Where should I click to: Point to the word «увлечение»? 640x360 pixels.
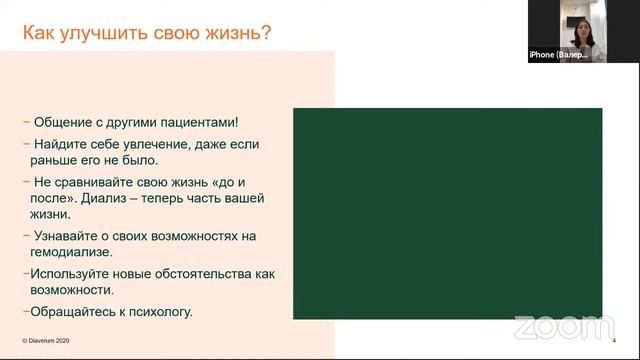(x=177, y=142)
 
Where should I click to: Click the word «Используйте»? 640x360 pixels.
(x=71, y=273)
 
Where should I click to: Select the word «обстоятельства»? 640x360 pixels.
(x=207, y=273)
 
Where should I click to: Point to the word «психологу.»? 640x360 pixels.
(x=158, y=311)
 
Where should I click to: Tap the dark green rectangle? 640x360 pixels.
(x=447, y=213)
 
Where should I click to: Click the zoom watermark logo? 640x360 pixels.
(x=564, y=327)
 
